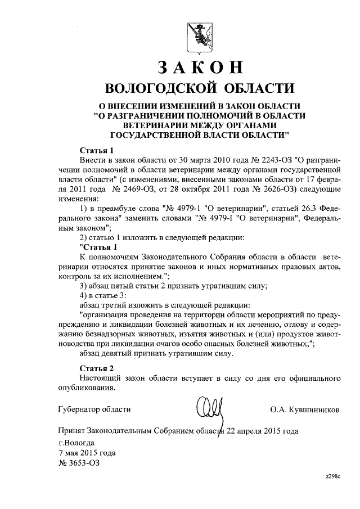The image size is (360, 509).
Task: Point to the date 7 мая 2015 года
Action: pos(87,453)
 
